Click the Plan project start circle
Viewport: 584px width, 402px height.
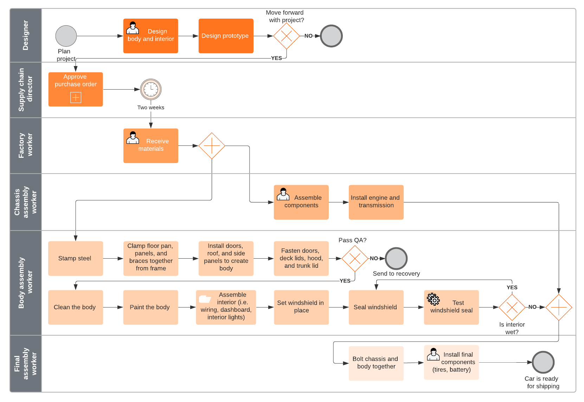(x=66, y=36)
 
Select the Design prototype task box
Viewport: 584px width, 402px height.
(x=226, y=36)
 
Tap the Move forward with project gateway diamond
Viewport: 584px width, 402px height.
(x=287, y=36)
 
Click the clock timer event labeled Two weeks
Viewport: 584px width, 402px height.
(x=151, y=89)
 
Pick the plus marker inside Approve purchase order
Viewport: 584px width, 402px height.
(x=76, y=97)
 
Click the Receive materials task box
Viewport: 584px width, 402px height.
(x=151, y=145)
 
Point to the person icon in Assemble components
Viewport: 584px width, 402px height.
(x=283, y=194)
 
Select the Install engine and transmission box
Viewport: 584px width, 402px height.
(x=376, y=202)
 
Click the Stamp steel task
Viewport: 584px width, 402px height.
(x=76, y=258)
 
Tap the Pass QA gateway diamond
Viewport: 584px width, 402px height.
(x=355, y=258)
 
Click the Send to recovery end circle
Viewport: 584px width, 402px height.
(x=396, y=258)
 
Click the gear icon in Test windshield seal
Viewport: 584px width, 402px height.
(x=433, y=299)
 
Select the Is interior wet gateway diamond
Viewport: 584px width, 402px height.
(x=512, y=307)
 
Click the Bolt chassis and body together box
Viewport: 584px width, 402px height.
(x=376, y=363)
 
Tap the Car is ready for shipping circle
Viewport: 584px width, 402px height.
(x=543, y=362)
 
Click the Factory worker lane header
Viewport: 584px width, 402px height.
(x=26, y=145)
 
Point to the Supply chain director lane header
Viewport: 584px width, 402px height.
(x=26, y=90)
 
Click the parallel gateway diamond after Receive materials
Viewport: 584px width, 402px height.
(x=212, y=145)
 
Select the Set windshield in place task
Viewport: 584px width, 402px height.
(x=301, y=307)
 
